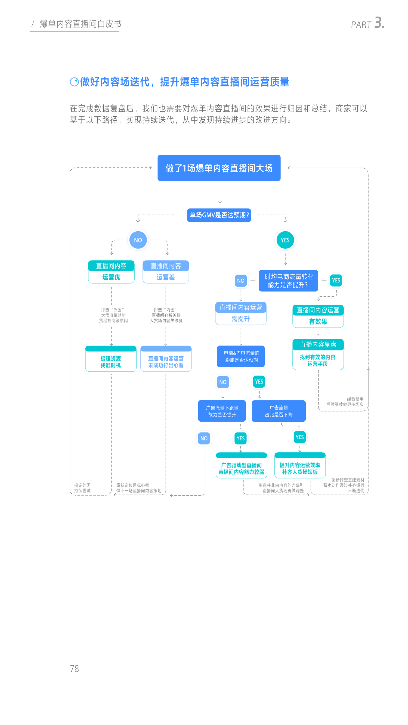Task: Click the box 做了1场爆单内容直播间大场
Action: pos(219,168)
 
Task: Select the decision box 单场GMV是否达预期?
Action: pos(219,215)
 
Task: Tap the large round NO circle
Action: pos(138,240)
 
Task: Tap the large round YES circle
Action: pos(285,240)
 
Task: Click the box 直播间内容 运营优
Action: pos(111,272)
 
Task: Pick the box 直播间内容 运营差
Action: pos(166,272)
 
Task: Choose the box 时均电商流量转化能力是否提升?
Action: pos(288,281)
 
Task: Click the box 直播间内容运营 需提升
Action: pos(241,313)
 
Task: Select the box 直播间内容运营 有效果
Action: pos(318,316)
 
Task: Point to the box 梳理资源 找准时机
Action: pos(111,359)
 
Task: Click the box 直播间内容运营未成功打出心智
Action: pos(166,359)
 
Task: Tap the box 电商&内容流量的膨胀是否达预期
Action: pos(241,356)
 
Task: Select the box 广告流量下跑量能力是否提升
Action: pos(222,411)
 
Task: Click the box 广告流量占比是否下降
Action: pos(279,411)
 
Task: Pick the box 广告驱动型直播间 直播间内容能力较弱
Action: pos(241,465)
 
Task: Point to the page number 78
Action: pos(74,669)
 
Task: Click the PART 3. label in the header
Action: pos(367,23)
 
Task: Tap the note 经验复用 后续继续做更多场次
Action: pos(345,402)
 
